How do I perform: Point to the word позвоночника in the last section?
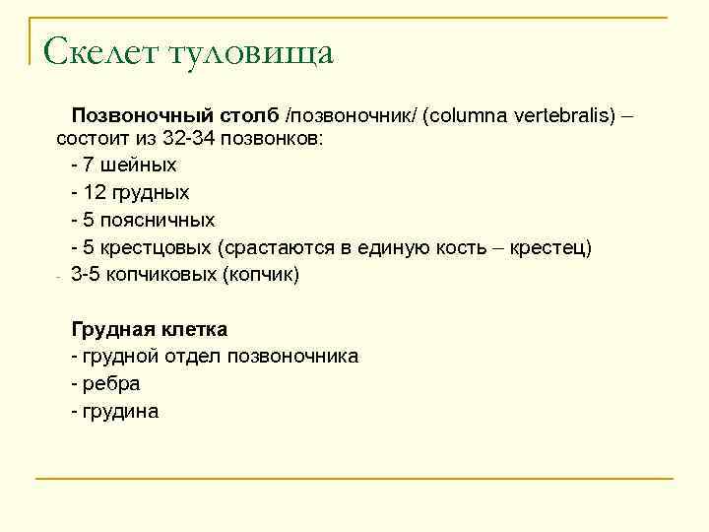point(292,356)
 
